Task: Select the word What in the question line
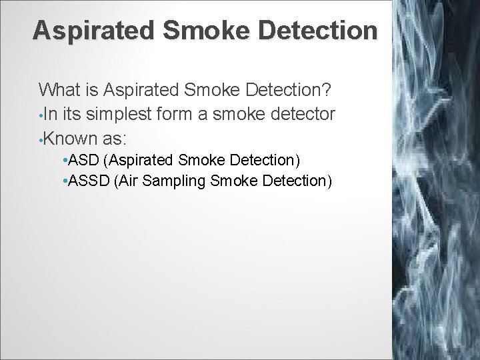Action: [x=59, y=89]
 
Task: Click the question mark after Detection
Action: [x=329, y=89]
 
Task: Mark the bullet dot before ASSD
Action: [x=62, y=181]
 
